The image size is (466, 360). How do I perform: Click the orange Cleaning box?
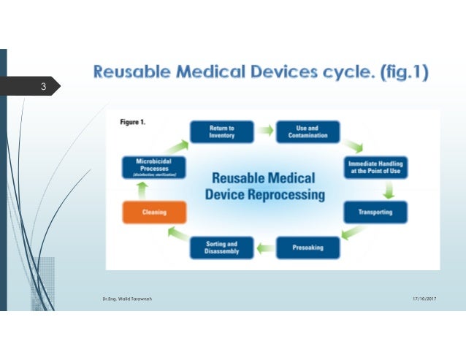click(153, 212)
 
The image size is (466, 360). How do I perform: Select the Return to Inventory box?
click(221, 131)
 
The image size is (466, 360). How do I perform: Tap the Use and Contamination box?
click(307, 131)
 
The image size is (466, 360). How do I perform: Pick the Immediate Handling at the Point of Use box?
click(375, 167)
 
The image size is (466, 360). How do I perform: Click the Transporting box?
click(375, 212)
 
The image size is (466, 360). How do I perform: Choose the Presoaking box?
click(308, 248)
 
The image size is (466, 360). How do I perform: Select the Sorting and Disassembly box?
click(221, 248)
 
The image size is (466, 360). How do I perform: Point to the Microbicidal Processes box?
click(153, 167)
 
